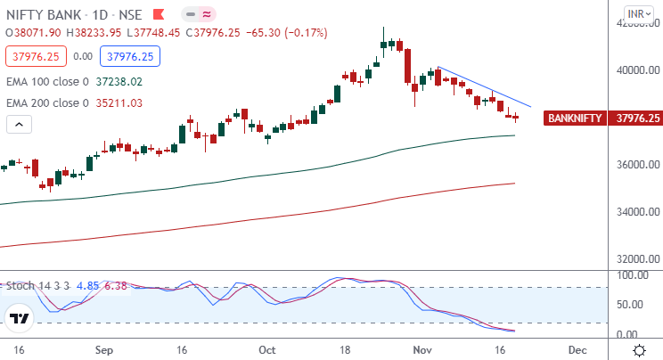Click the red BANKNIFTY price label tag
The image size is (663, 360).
point(577,118)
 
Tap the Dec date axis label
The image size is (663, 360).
point(577,350)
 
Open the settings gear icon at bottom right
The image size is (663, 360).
point(639,349)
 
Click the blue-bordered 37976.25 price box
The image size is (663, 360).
point(129,56)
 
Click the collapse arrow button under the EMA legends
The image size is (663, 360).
point(15,124)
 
